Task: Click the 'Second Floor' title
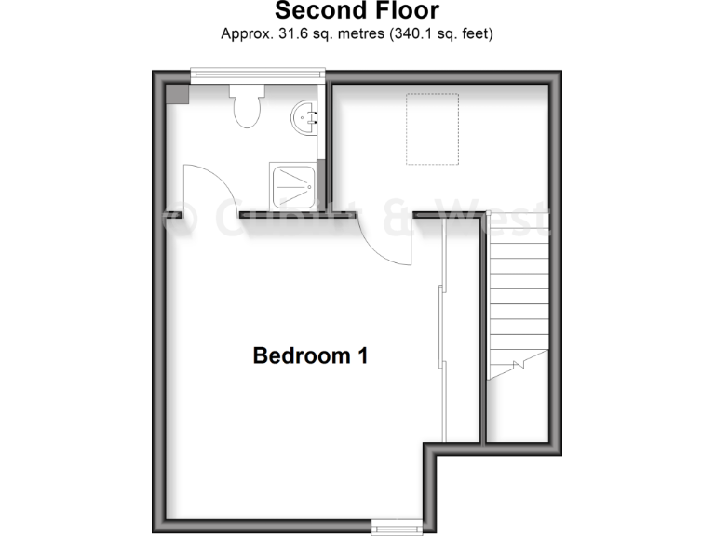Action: click(x=357, y=12)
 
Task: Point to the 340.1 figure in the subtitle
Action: click(x=404, y=34)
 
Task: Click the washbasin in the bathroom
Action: click(x=304, y=118)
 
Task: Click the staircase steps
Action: click(x=517, y=298)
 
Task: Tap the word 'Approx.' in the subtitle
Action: click(x=245, y=34)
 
